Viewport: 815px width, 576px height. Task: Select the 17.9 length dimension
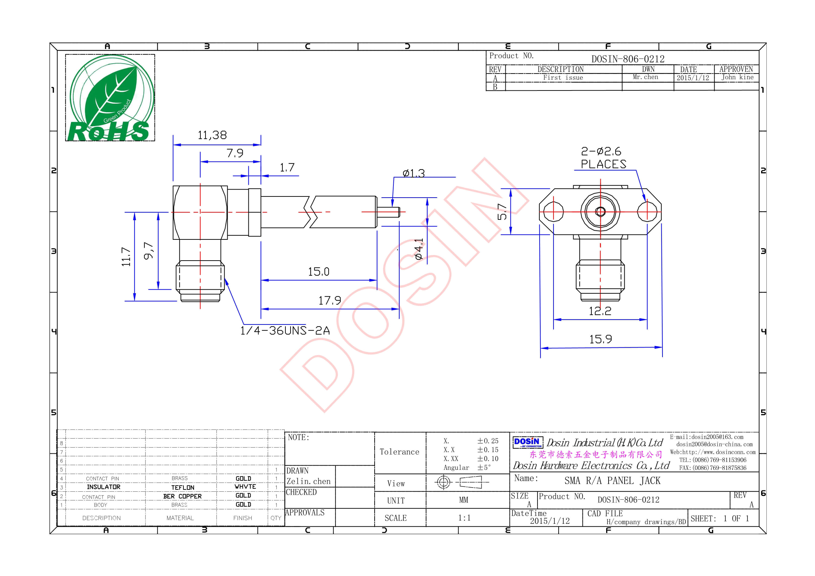(329, 301)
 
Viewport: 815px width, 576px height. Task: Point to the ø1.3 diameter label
(414, 173)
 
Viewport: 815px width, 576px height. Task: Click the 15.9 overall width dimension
(601, 339)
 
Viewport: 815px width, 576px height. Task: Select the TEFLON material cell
(183, 487)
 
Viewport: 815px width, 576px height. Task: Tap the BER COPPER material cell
(182, 496)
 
